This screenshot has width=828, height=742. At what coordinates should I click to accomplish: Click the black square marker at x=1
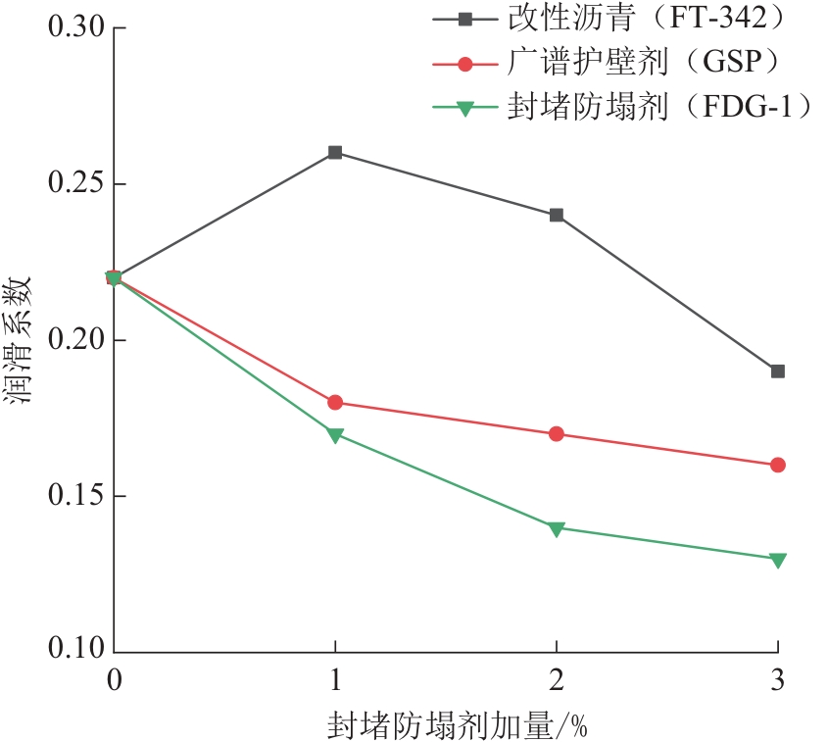pyautogui.click(x=335, y=153)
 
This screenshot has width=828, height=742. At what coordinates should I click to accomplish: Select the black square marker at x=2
pyautogui.click(x=557, y=215)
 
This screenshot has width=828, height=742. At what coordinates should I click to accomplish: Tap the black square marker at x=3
pyautogui.click(x=778, y=371)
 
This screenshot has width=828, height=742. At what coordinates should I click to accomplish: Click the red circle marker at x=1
pyautogui.click(x=335, y=403)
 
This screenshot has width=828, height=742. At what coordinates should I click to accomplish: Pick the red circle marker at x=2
pyautogui.click(x=557, y=433)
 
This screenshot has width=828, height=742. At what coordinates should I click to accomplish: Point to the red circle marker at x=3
pyautogui.click(x=778, y=465)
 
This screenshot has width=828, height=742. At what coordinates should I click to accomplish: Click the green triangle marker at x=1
pyautogui.click(x=335, y=435)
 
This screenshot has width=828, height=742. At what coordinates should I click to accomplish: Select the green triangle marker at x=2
pyautogui.click(x=557, y=528)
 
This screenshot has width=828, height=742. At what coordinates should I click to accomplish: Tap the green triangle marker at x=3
pyautogui.click(x=778, y=560)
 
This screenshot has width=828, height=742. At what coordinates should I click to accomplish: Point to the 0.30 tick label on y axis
pyautogui.click(x=75, y=28)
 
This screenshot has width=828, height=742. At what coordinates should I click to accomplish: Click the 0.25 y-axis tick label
pyautogui.click(x=75, y=184)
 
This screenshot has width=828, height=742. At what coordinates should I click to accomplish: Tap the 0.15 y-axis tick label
pyautogui.click(x=75, y=496)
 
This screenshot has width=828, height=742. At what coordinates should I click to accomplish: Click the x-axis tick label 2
pyautogui.click(x=557, y=679)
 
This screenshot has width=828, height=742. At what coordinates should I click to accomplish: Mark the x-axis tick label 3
pyautogui.click(x=778, y=679)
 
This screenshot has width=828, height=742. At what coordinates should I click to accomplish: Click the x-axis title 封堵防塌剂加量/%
pyautogui.click(x=457, y=725)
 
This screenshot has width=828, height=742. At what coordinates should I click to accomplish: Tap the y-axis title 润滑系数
pyautogui.click(x=21, y=340)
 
